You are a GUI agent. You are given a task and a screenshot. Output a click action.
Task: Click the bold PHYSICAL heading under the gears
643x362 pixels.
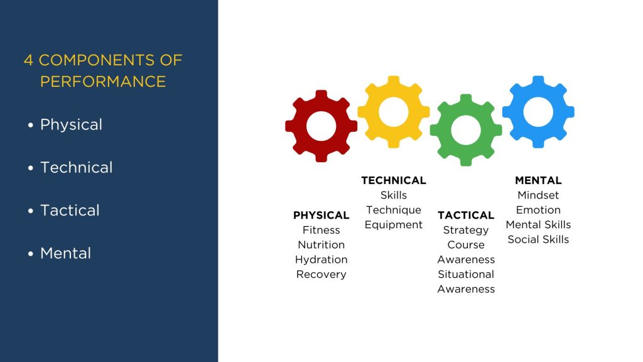click(321, 215)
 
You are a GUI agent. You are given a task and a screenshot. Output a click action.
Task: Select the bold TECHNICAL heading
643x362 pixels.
click(394, 180)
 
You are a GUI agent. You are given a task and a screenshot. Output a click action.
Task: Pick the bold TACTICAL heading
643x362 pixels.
click(466, 215)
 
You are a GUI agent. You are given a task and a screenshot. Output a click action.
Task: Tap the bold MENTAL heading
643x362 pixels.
click(538, 180)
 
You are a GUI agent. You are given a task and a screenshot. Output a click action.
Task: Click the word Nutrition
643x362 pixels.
click(321, 244)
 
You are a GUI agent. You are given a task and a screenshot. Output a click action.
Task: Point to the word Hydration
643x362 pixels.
click(321, 260)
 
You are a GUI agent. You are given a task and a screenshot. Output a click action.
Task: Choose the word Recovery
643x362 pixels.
click(321, 274)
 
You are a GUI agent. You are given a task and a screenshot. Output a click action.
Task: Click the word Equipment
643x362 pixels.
click(394, 225)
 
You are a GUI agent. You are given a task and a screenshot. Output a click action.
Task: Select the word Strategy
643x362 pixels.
click(466, 230)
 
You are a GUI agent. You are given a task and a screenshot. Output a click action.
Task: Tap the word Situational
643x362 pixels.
click(466, 274)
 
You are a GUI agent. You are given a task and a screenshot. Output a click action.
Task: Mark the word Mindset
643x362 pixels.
click(538, 195)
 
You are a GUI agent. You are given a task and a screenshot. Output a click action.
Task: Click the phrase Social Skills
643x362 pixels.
click(538, 239)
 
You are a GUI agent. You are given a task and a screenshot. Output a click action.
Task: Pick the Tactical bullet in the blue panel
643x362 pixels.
click(70, 211)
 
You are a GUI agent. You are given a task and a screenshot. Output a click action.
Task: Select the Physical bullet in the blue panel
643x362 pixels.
click(71, 125)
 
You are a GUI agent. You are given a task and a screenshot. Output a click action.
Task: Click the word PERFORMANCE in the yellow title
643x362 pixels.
click(103, 81)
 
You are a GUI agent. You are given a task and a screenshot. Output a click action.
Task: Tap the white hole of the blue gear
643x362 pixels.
click(538, 112)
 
